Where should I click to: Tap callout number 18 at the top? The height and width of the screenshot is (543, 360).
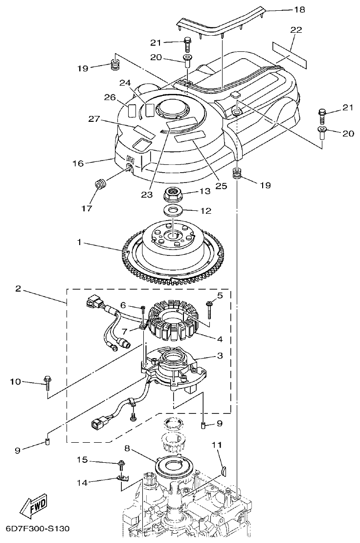point(298,9)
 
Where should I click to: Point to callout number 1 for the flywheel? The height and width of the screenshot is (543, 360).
point(79,241)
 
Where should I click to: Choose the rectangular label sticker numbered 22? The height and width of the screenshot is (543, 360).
point(289,54)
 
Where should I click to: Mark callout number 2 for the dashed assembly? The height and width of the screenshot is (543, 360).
point(18,290)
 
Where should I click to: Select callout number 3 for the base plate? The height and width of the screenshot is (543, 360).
point(220,356)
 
